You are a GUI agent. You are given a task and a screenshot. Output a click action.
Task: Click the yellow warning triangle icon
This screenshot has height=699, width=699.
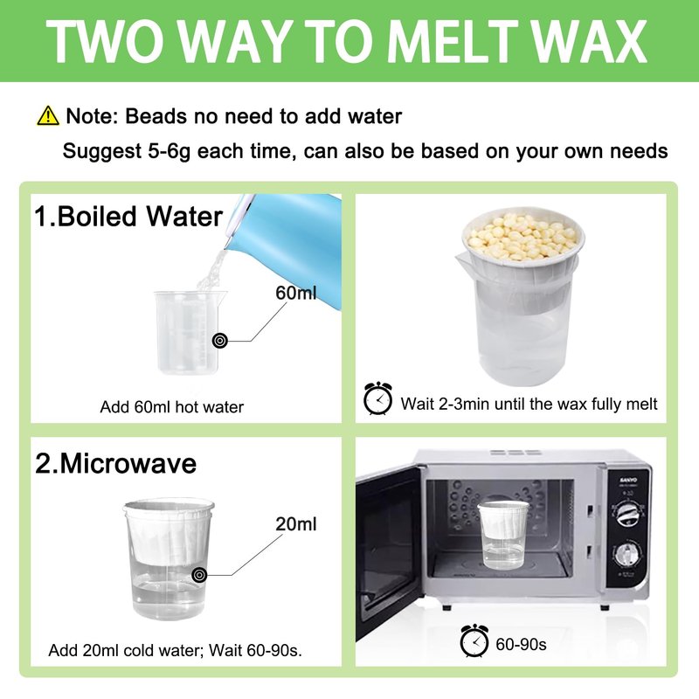(x=48, y=115)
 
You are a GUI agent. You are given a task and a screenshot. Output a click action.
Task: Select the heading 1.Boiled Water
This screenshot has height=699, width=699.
(x=128, y=217)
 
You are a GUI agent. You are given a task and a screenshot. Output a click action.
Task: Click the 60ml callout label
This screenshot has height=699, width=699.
(x=295, y=293)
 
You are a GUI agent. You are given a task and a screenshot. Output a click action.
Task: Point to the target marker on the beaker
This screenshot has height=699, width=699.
(x=219, y=341)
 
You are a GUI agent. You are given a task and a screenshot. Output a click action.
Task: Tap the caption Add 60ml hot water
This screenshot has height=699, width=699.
(x=171, y=407)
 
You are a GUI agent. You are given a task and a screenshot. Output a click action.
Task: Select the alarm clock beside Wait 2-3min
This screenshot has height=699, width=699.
(x=377, y=398)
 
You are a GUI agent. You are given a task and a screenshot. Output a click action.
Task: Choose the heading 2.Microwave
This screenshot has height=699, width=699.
(x=115, y=464)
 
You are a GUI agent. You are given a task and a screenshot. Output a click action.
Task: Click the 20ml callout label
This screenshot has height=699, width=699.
(x=296, y=523)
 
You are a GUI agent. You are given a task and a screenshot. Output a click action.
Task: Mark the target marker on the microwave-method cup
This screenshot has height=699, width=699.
(x=199, y=575)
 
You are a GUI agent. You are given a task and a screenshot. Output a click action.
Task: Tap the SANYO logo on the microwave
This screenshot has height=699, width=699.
(x=628, y=481)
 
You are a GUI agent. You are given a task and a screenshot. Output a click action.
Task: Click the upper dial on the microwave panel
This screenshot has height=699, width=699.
(x=629, y=513)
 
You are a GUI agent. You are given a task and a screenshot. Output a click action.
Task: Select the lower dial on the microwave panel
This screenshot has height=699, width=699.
(x=627, y=554)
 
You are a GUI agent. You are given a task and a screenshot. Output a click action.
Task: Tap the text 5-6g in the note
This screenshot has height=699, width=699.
(x=169, y=150)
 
